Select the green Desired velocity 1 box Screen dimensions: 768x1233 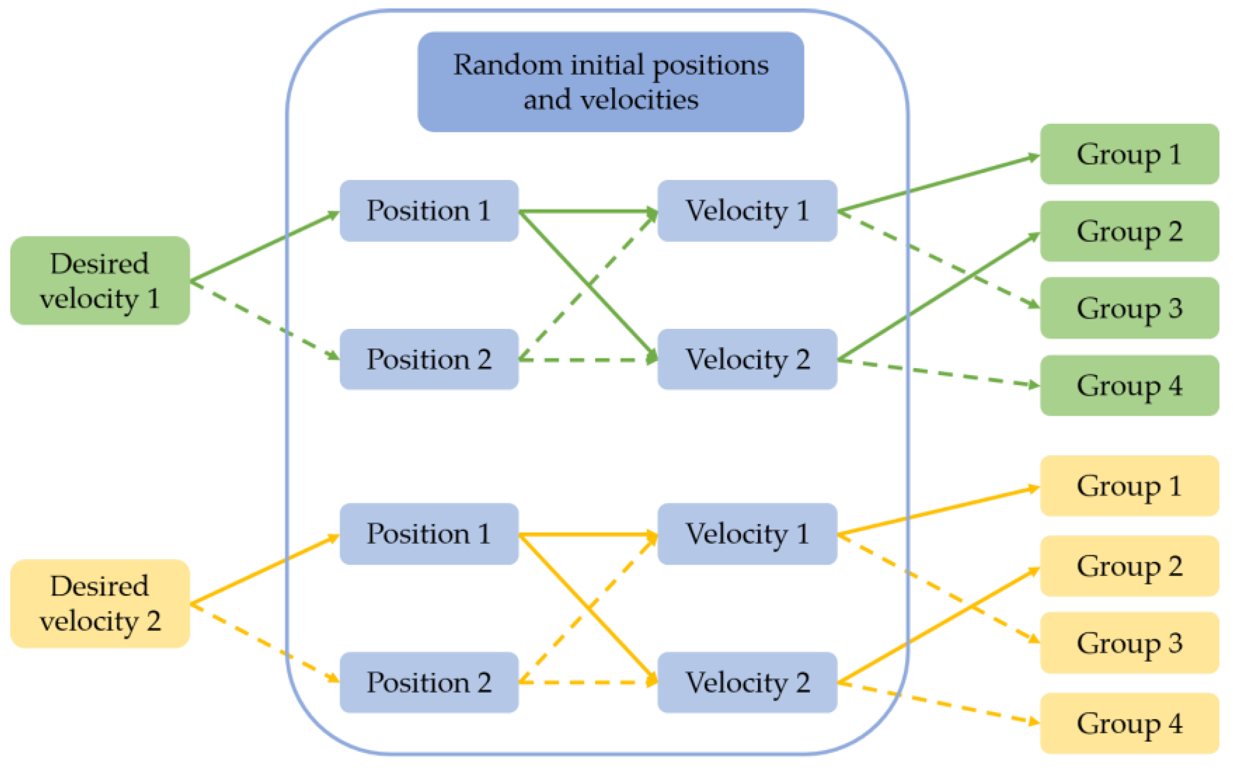tap(100, 280)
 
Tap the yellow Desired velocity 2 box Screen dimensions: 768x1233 tap(100, 604)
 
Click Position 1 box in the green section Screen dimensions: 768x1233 tap(429, 210)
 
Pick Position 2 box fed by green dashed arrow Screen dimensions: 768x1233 tap(429, 359)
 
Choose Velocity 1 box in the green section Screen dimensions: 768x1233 tap(747, 210)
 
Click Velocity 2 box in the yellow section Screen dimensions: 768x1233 tap(747, 682)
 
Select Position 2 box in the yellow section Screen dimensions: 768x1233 tap(429, 682)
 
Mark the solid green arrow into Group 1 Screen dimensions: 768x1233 tap(940, 183)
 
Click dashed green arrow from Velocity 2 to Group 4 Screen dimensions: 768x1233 tap(940, 373)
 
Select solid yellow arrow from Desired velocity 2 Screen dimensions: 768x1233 tap(264, 570)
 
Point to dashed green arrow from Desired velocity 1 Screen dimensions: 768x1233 tap(264, 320)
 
